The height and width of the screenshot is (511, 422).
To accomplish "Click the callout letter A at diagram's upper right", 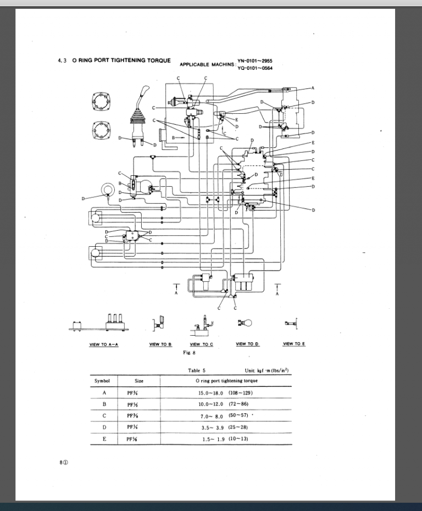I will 313,88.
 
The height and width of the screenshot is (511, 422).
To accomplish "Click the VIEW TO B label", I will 160,344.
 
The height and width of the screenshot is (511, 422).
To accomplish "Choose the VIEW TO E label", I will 294,344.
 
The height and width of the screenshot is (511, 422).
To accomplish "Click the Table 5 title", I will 196,370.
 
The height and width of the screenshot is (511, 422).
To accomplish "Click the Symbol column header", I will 102,380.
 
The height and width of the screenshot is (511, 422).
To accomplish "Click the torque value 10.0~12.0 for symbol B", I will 212,404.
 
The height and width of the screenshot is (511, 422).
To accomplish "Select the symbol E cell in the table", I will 102,438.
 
